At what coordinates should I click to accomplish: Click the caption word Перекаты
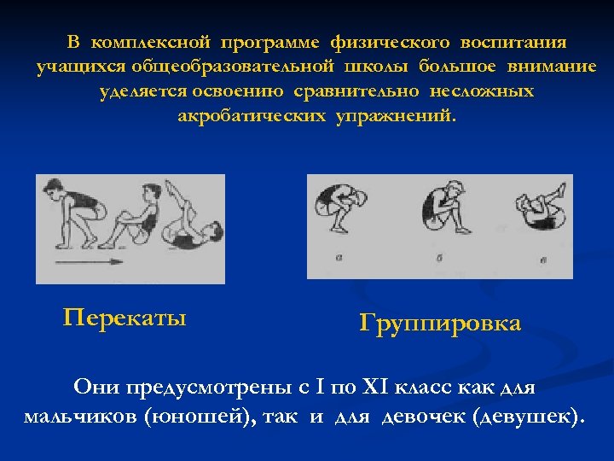(x=125, y=318)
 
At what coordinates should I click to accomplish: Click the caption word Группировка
(x=440, y=324)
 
